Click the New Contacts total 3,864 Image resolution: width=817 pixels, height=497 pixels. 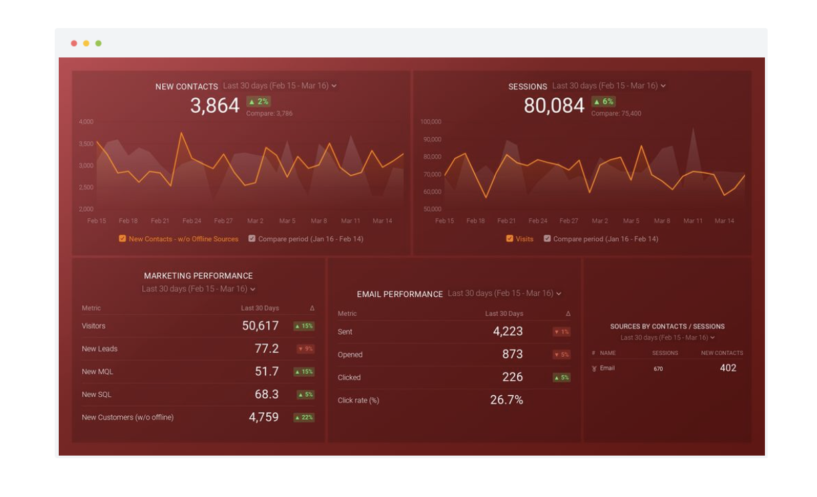pos(214,106)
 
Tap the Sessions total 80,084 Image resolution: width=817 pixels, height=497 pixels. pos(553,106)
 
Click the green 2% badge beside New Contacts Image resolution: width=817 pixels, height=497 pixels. pos(258,102)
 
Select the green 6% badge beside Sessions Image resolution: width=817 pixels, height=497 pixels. pos(603,102)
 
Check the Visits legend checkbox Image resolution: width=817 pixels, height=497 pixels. pos(510,238)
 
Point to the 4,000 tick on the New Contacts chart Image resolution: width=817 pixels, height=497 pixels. pos(86,122)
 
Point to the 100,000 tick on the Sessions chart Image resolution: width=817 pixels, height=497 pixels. pos(431,122)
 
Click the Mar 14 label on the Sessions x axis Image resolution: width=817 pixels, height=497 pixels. pos(724,221)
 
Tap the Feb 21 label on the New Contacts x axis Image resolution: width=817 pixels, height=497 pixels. pos(160,221)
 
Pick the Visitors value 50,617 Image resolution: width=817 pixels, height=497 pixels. pos(260,326)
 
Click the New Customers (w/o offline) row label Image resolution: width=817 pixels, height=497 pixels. pos(127,418)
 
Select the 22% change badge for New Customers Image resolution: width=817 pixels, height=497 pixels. pos(304,418)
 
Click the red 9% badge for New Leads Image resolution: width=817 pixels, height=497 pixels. pos(305,349)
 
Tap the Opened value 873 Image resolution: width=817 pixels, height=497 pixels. pos(512,355)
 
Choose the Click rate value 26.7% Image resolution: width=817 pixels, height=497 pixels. pos(507,400)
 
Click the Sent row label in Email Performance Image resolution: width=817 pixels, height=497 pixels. pos(345,332)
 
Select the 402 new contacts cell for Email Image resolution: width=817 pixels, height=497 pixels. pos(728,368)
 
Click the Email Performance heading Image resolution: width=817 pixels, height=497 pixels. pos(400,294)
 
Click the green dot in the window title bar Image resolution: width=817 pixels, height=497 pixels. pos(99,43)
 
